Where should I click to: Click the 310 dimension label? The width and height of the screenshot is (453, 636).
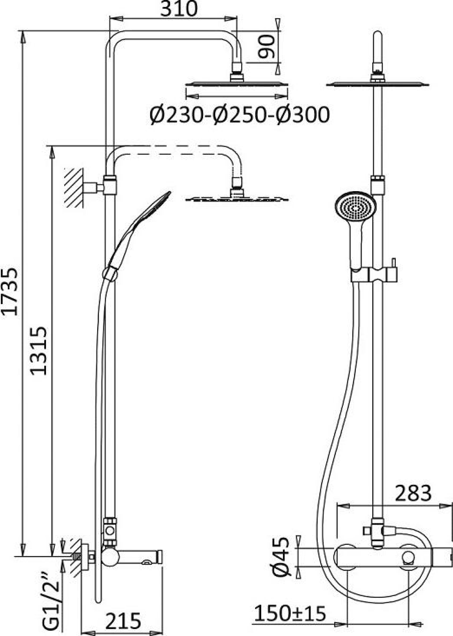click(179, 9)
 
